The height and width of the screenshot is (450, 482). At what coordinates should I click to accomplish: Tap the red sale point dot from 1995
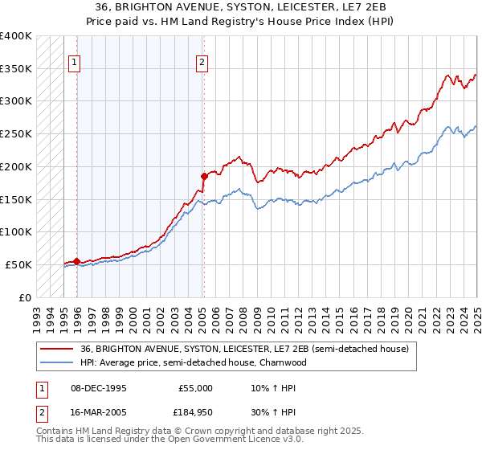pyautogui.click(x=76, y=261)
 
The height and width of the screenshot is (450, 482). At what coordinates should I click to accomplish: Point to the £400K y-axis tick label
pyautogui.click(x=16, y=36)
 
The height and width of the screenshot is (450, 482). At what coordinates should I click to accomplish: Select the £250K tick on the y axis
pyautogui.click(x=16, y=134)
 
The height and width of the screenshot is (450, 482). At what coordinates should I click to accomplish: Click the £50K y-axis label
pyautogui.click(x=18, y=264)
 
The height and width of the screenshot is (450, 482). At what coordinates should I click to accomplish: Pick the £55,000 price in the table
pyautogui.click(x=195, y=388)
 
